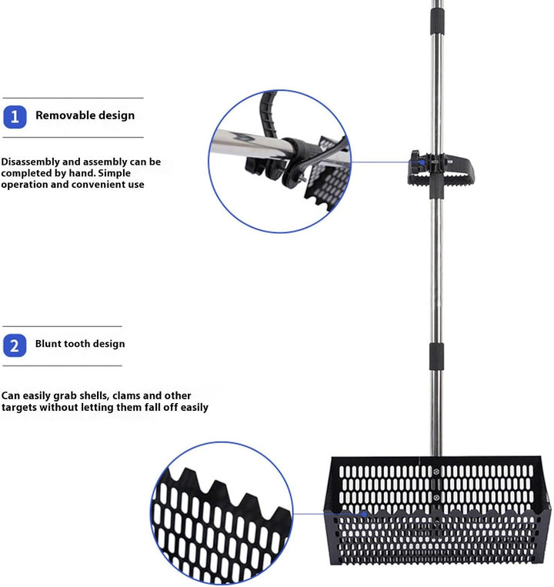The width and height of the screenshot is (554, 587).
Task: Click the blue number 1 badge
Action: coord(15,117)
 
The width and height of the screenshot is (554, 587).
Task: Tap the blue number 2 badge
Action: coord(15,345)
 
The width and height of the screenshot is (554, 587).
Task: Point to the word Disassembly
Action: coord(30,162)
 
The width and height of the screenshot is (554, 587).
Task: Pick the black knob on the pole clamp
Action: coord(415,162)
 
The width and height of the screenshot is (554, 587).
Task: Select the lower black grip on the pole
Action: coord(436,355)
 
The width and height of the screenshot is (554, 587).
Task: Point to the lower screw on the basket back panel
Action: coord(436,498)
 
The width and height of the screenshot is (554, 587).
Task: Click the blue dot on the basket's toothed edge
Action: coord(364,514)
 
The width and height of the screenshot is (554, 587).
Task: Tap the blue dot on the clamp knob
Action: coord(422,162)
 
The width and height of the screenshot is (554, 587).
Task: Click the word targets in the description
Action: coord(18,407)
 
